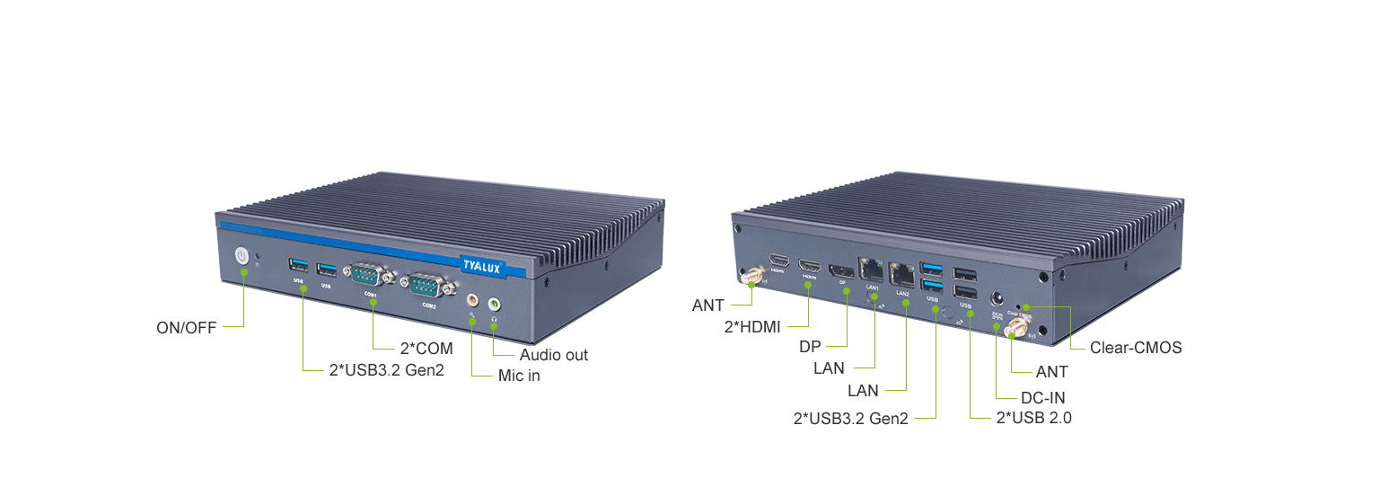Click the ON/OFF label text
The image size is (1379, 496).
click(187, 328)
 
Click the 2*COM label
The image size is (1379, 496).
click(426, 348)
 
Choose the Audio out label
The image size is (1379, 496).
click(554, 355)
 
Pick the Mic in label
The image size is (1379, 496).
click(519, 376)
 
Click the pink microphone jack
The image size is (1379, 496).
click(472, 299)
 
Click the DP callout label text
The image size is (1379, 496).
click(812, 347)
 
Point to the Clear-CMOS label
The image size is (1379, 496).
click(1136, 348)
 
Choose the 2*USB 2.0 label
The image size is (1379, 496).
click(1034, 418)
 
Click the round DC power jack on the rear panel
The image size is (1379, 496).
click(996, 297)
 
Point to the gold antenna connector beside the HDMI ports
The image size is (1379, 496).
click(751, 274)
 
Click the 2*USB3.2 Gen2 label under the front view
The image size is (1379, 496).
click(387, 370)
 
